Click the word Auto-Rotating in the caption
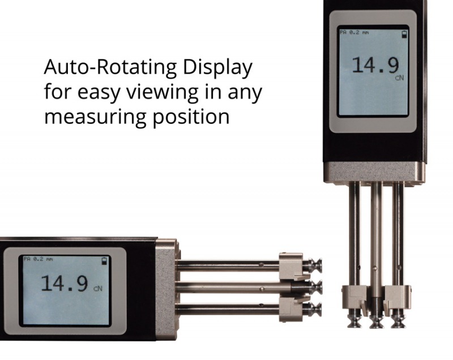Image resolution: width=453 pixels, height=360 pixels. [110, 67]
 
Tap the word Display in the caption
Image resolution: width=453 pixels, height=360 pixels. [218, 68]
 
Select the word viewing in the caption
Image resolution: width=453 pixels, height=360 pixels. [163, 92]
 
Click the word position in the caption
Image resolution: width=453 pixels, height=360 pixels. [191, 117]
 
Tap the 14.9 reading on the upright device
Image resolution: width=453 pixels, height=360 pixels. [375, 65]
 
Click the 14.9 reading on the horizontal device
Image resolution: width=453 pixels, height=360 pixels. [64, 283]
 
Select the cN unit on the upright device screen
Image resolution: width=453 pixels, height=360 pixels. [400, 78]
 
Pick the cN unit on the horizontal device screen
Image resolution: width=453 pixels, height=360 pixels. [98, 289]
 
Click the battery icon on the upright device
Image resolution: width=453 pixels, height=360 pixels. [404, 35]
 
